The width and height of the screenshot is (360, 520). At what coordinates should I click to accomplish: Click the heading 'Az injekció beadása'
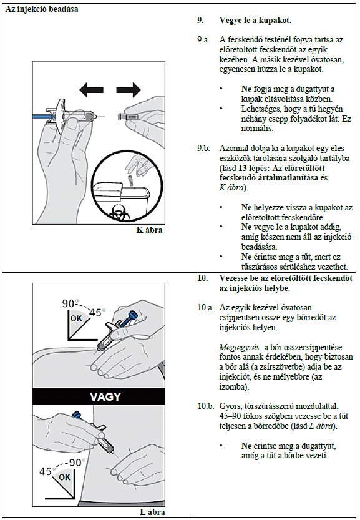(x=42, y=9)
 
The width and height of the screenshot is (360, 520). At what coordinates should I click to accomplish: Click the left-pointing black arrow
(x=91, y=89)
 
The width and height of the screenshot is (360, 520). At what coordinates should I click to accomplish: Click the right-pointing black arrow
(x=129, y=89)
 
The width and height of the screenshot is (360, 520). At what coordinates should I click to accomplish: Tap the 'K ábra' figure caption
(x=149, y=230)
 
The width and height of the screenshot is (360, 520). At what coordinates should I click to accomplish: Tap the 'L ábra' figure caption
(x=152, y=512)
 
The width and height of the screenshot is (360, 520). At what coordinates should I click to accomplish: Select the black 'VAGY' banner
(x=99, y=396)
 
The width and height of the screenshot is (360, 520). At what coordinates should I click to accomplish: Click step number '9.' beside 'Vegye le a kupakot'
(x=200, y=21)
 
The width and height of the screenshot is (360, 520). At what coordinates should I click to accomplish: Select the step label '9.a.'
(x=203, y=40)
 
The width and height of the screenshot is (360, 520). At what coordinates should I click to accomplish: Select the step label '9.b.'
(x=203, y=148)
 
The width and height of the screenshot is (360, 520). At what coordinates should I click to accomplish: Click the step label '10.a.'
(x=205, y=307)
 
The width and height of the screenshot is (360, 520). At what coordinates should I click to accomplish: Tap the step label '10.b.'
(x=205, y=406)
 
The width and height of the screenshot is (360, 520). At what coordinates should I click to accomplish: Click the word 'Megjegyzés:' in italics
(x=240, y=348)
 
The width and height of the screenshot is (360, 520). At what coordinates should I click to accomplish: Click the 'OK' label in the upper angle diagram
(x=76, y=318)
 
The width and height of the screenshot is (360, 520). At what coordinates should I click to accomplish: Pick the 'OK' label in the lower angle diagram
(x=64, y=477)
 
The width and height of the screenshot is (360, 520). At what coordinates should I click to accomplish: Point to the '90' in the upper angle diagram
(x=68, y=303)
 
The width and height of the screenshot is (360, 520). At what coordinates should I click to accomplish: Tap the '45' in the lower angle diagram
(x=46, y=471)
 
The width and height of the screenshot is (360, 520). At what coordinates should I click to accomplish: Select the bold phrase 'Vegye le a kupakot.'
(x=255, y=21)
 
